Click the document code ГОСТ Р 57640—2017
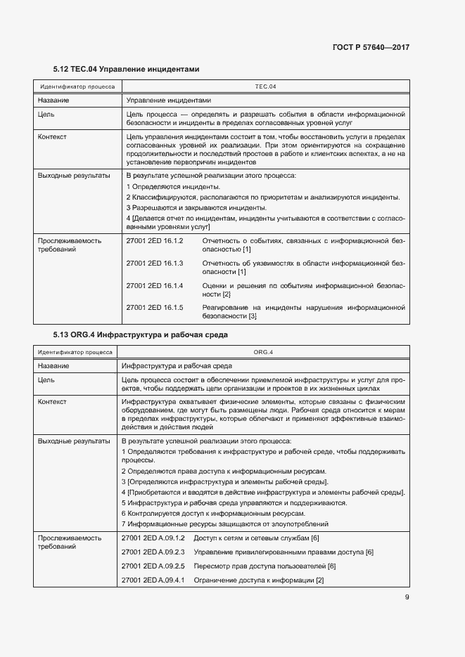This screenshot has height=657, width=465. pos(371,47)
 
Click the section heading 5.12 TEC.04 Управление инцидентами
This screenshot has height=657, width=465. pos(127,70)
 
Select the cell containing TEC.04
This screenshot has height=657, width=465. pos(265,87)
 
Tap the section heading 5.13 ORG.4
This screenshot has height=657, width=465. pos(140,335)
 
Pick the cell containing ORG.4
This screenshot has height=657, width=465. pos(263,352)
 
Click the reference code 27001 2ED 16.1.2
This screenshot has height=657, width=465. pos(154,241)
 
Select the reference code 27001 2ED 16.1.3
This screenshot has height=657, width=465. pos(154,263)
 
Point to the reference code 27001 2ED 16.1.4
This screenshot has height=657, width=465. pos(154,285)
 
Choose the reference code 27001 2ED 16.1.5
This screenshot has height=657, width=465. pos(154,308)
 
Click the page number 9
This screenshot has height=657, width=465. pos(407,598)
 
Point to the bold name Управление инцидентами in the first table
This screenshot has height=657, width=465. pos(168,100)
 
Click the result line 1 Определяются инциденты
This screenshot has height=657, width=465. pos(173,186)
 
